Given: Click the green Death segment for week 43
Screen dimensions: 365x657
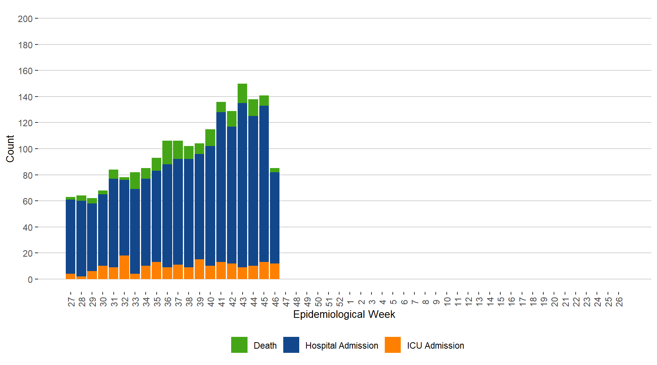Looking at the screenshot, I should pos(242,94).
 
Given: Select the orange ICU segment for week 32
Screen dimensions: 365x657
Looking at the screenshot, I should pos(124,267).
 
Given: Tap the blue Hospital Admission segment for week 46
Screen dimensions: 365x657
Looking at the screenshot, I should pos(275,217).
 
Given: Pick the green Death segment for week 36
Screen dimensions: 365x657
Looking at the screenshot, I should pos(167,152).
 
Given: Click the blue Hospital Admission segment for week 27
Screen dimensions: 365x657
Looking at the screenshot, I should pos(70,236).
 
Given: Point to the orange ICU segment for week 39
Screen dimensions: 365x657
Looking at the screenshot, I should pos(199,269).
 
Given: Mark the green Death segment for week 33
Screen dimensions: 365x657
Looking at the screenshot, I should pos(135,181).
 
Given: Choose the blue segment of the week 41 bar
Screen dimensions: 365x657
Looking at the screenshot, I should pos(221,187).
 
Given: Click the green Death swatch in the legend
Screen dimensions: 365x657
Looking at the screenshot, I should pos(239,345).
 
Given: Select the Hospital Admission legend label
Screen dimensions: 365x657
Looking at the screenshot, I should pos(341,346).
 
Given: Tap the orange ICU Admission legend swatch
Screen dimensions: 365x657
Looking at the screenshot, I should pos(393,345).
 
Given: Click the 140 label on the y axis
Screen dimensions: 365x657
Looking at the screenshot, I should pos(25,97).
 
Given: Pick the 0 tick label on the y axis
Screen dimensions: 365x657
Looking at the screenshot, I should pos(30,279).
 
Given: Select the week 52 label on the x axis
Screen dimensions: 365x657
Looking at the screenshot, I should pos(340,302).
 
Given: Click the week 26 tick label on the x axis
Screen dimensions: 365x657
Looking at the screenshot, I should pos(619,302).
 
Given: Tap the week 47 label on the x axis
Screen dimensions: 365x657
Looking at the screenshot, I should pos(286,302).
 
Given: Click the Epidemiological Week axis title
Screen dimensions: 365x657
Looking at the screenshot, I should pos(344,314).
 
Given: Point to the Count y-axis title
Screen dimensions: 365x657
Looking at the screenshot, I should pos(10,149).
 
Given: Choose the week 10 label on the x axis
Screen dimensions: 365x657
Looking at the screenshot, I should pos(447,302).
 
